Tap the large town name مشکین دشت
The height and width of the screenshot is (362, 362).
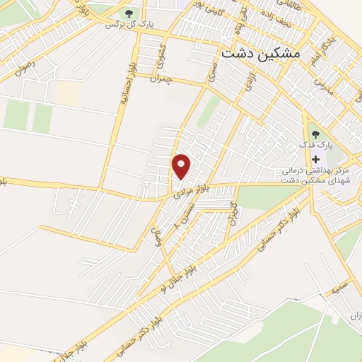[260, 53]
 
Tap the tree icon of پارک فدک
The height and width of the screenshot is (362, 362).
[315, 132]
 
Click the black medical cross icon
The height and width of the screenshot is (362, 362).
[315, 159]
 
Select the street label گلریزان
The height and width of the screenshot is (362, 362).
[232, 213]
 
